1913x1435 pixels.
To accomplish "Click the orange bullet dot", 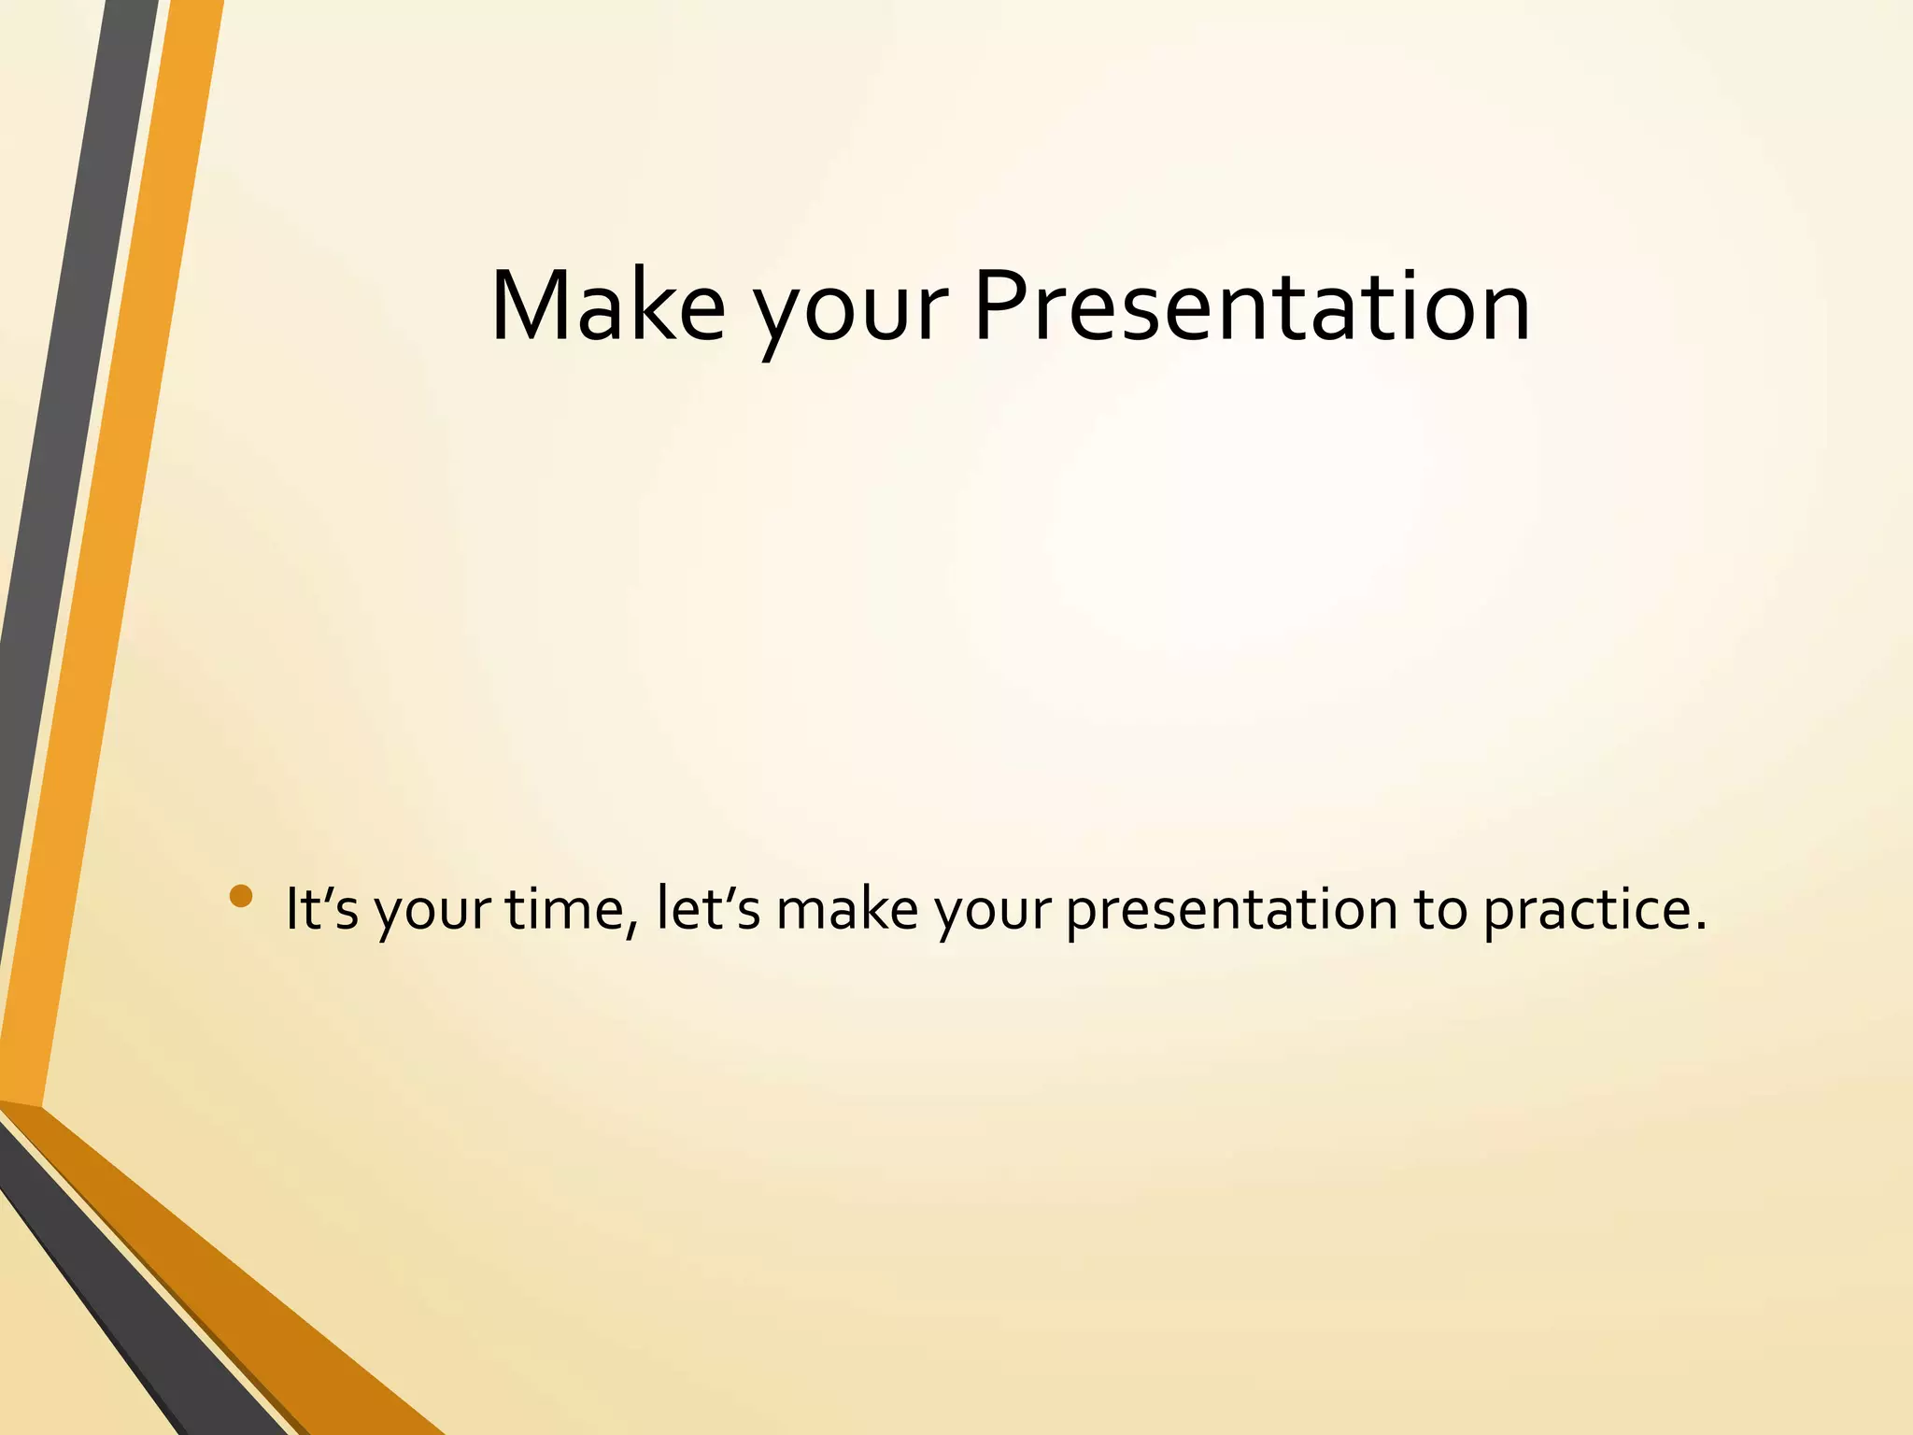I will click(x=241, y=896).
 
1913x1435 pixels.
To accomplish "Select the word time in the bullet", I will click(x=566, y=908).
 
